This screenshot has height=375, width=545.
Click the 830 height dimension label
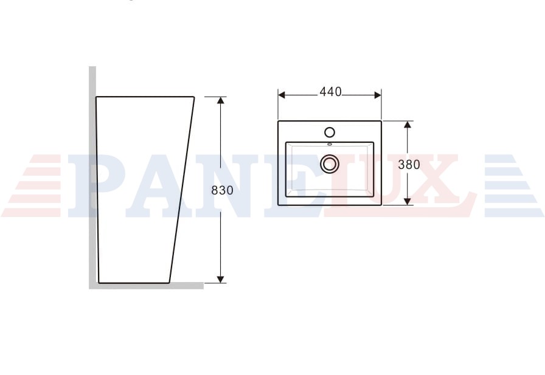(222, 190)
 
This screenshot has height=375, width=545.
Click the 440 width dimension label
(330, 92)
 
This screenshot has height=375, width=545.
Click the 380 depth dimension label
(409, 164)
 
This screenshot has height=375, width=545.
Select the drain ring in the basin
(329, 156)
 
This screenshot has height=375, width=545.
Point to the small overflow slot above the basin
(330, 144)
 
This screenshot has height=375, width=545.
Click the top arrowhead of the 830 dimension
(220, 100)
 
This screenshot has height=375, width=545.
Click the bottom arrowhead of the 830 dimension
(220, 279)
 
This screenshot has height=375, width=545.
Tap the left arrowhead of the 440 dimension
(282, 95)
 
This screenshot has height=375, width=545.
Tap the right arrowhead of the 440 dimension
(378, 95)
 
